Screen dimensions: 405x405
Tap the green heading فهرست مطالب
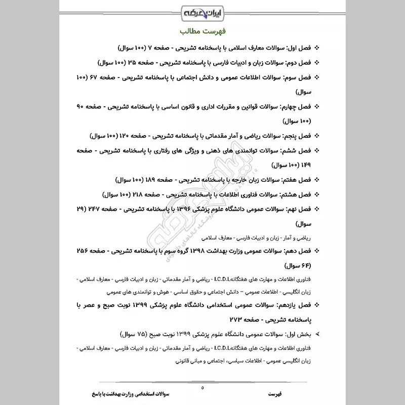(201, 30)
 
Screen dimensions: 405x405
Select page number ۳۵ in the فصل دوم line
(130, 63)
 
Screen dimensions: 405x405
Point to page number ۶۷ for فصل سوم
(91, 77)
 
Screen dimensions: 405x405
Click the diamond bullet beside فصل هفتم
(317, 180)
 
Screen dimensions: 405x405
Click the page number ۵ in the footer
(202, 388)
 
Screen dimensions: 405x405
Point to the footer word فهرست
(277, 393)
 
